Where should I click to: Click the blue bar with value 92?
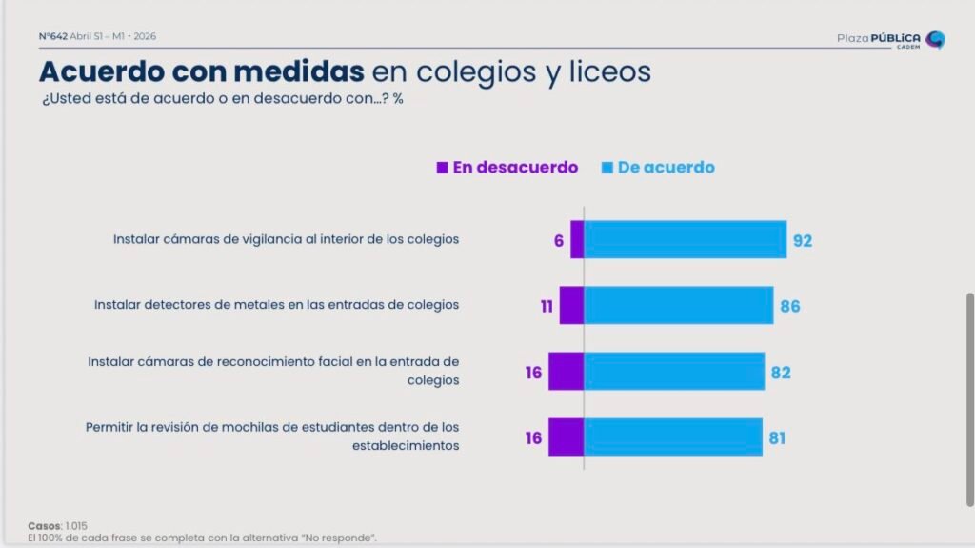685,239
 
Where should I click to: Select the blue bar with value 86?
678,305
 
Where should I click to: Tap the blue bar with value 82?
673,371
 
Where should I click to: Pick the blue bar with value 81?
672,436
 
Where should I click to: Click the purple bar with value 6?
577,239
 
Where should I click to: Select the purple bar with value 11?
571,305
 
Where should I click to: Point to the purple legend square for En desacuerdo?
442,168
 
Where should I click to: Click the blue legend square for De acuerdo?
607,168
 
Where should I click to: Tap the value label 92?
803,241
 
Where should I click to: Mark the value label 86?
789,307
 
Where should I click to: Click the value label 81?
777,439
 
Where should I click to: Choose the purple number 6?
559,241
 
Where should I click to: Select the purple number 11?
547,307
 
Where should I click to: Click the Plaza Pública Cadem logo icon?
935,39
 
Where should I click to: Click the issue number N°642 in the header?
52,36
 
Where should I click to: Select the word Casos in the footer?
44,526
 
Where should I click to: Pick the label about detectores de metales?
276,305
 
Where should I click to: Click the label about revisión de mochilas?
272,436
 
